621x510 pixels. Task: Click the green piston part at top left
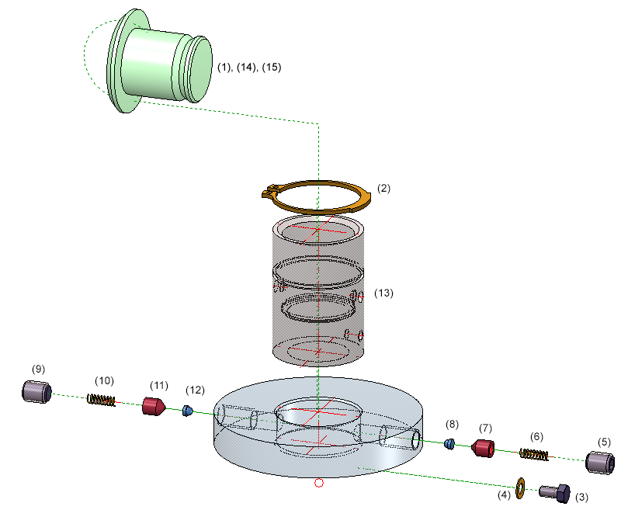click(159, 62)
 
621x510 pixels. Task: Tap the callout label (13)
click(384, 293)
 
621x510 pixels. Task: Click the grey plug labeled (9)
click(36, 392)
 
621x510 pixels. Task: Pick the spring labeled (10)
click(101, 400)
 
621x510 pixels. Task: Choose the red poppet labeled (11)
click(153, 406)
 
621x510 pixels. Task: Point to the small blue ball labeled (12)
click(187, 411)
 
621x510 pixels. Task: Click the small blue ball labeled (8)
click(449, 443)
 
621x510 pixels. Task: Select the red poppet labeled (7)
click(484, 449)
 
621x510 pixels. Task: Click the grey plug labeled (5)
click(599, 463)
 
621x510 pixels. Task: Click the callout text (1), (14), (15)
click(248, 68)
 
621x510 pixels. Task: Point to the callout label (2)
click(383, 188)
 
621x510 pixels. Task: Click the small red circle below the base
click(318, 484)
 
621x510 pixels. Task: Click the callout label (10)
click(104, 380)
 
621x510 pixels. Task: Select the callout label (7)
click(486, 428)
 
